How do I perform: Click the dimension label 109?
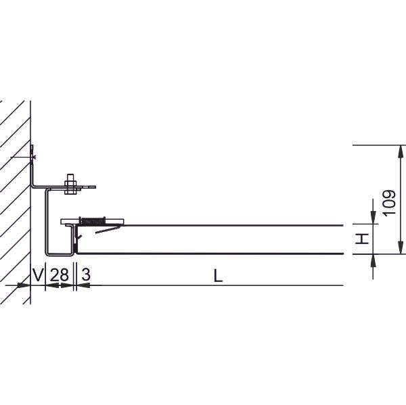tap(389, 203)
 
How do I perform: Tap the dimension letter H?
tap(362, 239)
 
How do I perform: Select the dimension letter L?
tap(218, 276)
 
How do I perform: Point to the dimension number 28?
tap(60, 275)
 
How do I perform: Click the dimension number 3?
tap(86, 275)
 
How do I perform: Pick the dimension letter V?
tap(37, 275)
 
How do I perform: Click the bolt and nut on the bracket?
tap(70, 184)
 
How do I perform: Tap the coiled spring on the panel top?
tap(93, 220)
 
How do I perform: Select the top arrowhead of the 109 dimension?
tap(401, 151)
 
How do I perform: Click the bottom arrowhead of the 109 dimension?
tap(401, 247)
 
